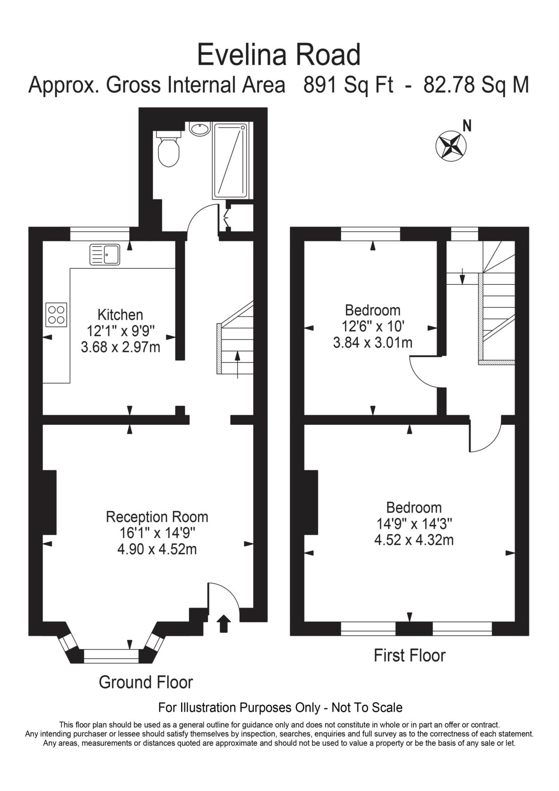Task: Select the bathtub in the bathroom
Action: pos(230,161)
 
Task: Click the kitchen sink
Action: pos(105,254)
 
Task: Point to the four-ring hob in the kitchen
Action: pos(56,315)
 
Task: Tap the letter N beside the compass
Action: pos(467,126)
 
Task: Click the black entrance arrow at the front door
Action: pos(224,623)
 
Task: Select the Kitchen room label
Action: pos(120,315)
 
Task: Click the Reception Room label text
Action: pos(157,517)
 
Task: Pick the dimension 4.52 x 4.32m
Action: pos(414,540)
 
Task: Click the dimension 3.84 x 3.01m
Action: pos(373,342)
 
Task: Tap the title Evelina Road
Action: pos(279,55)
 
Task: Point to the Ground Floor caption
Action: pos(146,682)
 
